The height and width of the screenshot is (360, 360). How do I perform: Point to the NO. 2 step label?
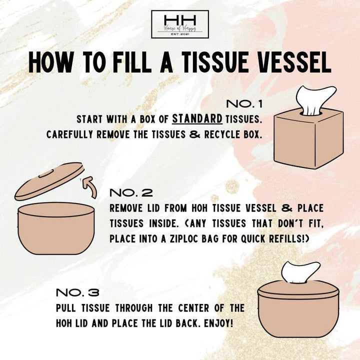coord(130,192)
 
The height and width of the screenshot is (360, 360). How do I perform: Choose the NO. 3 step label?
coord(77,292)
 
